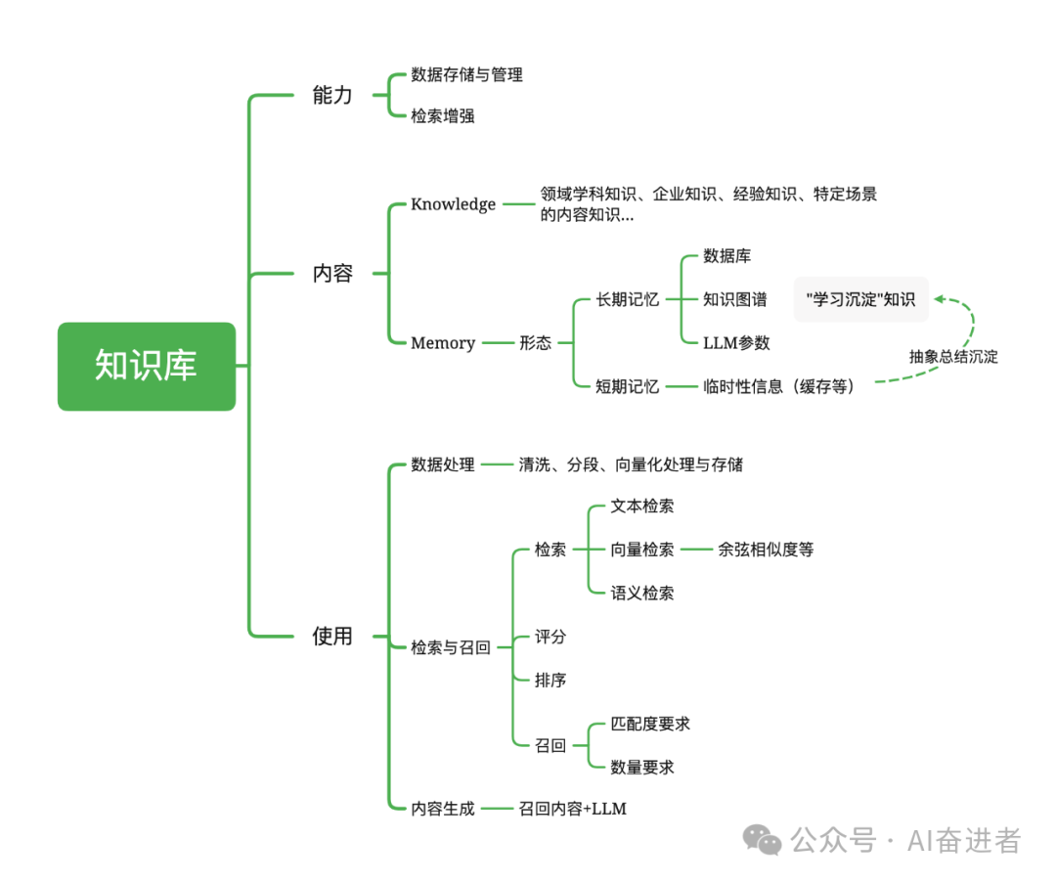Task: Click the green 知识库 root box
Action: click(147, 366)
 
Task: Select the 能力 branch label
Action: click(332, 95)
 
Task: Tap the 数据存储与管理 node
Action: click(466, 74)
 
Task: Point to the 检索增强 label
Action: click(443, 116)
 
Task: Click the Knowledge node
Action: click(453, 204)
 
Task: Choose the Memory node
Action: click(443, 343)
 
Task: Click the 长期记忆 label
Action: click(628, 300)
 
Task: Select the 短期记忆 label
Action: click(628, 386)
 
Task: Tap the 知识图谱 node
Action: click(735, 300)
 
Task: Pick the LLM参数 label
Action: click(736, 343)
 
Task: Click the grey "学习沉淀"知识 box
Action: click(860, 299)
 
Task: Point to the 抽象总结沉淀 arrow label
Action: click(953, 357)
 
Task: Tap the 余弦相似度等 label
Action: click(766, 550)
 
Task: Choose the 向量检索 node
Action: click(642, 550)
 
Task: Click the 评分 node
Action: click(550, 637)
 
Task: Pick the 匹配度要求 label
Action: click(650, 724)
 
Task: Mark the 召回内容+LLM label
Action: click(572, 809)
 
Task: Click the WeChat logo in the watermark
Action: click(763, 840)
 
